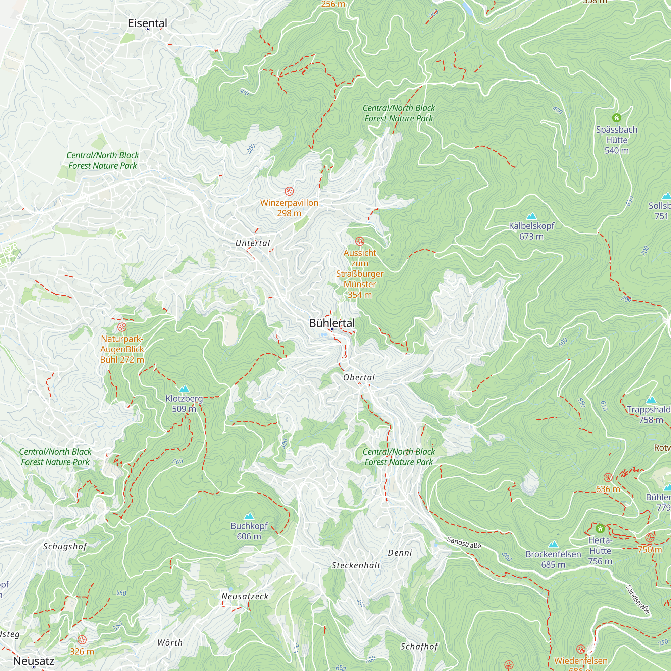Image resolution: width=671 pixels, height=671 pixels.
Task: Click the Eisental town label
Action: pyautogui.click(x=147, y=23)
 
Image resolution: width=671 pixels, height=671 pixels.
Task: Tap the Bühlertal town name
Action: pyautogui.click(x=332, y=323)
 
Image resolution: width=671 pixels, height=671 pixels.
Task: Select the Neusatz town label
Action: pyautogui.click(x=34, y=661)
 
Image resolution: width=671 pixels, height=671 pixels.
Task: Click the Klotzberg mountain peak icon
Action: pyautogui.click(x=184, y=389)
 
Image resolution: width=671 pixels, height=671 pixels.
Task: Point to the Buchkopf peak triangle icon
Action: pyautogui.click(x=249, y=516)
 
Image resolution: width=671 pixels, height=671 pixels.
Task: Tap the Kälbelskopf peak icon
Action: pyautogui.click(x=531, y=216)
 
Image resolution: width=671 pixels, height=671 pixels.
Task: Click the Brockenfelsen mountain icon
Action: pyautogui.click(x=553, y=544)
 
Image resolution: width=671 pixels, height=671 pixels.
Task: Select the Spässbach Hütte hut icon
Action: pyautogui.click(x=616, y=118)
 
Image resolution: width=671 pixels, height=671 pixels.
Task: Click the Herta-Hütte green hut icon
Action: pyautogui.click(x=600, y=529)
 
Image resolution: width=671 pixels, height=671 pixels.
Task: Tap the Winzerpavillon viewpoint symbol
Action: pyautogui.click(x=289, y=191)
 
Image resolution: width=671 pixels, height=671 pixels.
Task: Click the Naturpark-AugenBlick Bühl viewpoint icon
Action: pyautogui.click(x=121, y=327)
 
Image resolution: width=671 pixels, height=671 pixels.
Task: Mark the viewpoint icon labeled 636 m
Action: pyautogui.click(x=608, y=477)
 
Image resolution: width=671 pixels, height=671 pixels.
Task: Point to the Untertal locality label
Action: pyautogui.click(x=253, y=243)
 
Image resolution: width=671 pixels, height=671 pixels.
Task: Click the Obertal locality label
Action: pyautogui.click(x=359, y=377)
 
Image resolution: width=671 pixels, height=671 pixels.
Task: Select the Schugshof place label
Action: pyautogui.click(x=65, y=546)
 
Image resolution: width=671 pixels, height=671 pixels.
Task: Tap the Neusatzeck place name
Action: pyautogui.click(x=245, y=596)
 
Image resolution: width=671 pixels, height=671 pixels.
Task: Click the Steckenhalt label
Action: pyautogui.click(x=356, y=565)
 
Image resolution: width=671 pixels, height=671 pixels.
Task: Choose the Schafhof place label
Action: pyautogui.click(x=419, y=647)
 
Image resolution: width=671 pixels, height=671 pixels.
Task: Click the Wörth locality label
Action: pyautogui.click(x=170, y=642)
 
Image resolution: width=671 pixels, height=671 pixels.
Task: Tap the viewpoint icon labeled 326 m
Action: pyautogui.click(x=82, y=640)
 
